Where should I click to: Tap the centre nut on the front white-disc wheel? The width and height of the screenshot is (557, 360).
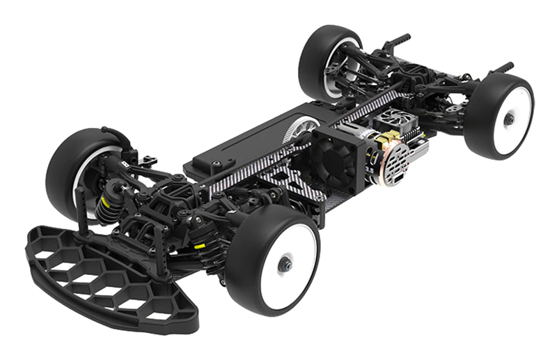[285, 265]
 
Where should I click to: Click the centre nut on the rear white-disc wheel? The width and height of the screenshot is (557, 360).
[510, 119]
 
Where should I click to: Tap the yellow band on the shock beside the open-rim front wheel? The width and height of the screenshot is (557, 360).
[107, 202]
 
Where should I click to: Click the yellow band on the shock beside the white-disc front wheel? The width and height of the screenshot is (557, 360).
[199, 245]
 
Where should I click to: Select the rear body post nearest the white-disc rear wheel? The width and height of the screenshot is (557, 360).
[501, 68]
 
